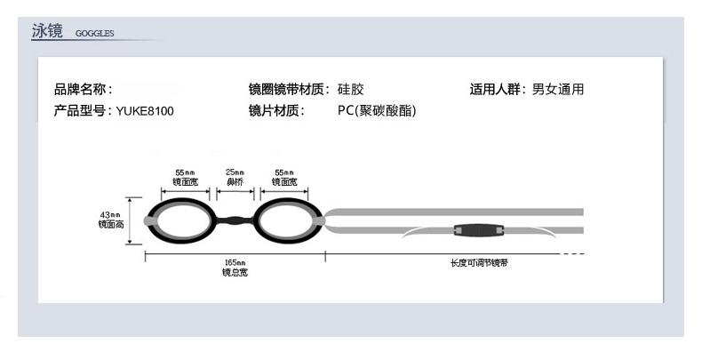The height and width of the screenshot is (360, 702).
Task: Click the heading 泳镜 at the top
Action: (x=46, y=32)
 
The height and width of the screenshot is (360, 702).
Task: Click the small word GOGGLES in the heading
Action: (x=95, y=35)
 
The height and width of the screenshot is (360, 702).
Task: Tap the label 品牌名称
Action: (x=84, y=89)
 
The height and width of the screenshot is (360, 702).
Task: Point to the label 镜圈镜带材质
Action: (x=289, y=89)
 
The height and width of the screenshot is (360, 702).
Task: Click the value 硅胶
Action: (x=351, y=89)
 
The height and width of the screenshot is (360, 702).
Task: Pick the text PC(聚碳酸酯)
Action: (x=377, y=111)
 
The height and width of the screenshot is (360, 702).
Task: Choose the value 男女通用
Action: (x=558, y=89)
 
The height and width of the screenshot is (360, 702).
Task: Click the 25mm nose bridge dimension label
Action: (x=234, y=175)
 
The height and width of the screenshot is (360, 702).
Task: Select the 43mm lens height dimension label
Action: (x=109, y=220)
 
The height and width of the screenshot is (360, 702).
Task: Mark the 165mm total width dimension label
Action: (x=235, y=267)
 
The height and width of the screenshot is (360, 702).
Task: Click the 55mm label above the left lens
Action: (x=185, y=175)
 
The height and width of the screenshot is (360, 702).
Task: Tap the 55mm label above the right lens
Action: (x=284, y=175)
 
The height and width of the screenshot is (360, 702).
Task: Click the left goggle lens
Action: (x=180, y=220)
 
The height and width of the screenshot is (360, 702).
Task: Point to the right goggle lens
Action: (x=286, y=220)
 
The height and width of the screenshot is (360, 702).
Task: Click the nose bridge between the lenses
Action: (x=234, y=220)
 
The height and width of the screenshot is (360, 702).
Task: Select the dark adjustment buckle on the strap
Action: (x=480, y=230)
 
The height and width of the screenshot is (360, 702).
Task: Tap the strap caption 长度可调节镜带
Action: (x=478, y=264)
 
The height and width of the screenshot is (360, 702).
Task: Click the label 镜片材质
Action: (x=276, y=111)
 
